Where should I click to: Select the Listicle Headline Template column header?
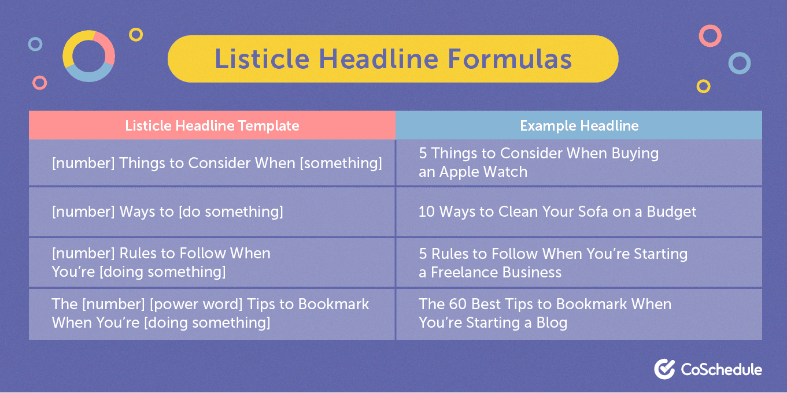(x=212, y=125)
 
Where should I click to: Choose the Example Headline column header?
(x=579, y=125)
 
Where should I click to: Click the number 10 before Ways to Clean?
(x=427, y=212)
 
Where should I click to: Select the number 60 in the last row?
(x=457, y=305)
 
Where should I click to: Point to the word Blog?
(x=551, y=322)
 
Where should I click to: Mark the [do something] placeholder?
(x=231, y=212)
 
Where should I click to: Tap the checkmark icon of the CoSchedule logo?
(x=664, y=369)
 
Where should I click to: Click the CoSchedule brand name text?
(x=721, y=369)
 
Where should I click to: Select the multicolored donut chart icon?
(x=89, y=56)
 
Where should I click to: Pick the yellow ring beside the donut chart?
(x=136, y=35)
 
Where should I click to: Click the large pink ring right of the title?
(x=710, y=36)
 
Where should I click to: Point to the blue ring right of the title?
(x=739, y=63)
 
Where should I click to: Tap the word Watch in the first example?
(x=507, y=172)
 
